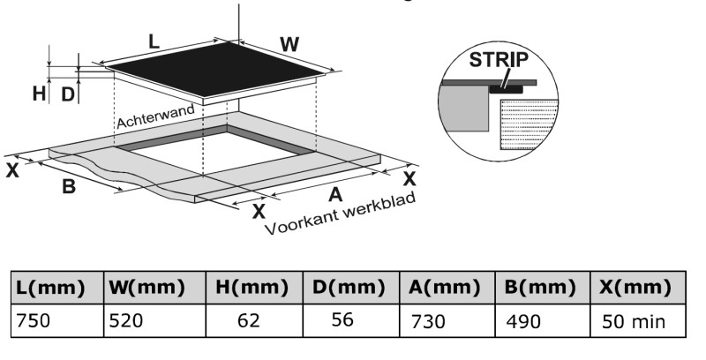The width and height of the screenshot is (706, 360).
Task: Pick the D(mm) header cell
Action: tap(348, 288)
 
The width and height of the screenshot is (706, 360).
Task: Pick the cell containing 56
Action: tap(342, 320)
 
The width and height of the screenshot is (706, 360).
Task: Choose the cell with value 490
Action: tap(522, 322)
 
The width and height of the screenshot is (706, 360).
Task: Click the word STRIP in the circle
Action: tap(499, 61)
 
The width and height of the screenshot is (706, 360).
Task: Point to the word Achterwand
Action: tap(156, 110)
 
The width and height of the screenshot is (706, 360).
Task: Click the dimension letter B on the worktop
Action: tap(69, 186)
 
